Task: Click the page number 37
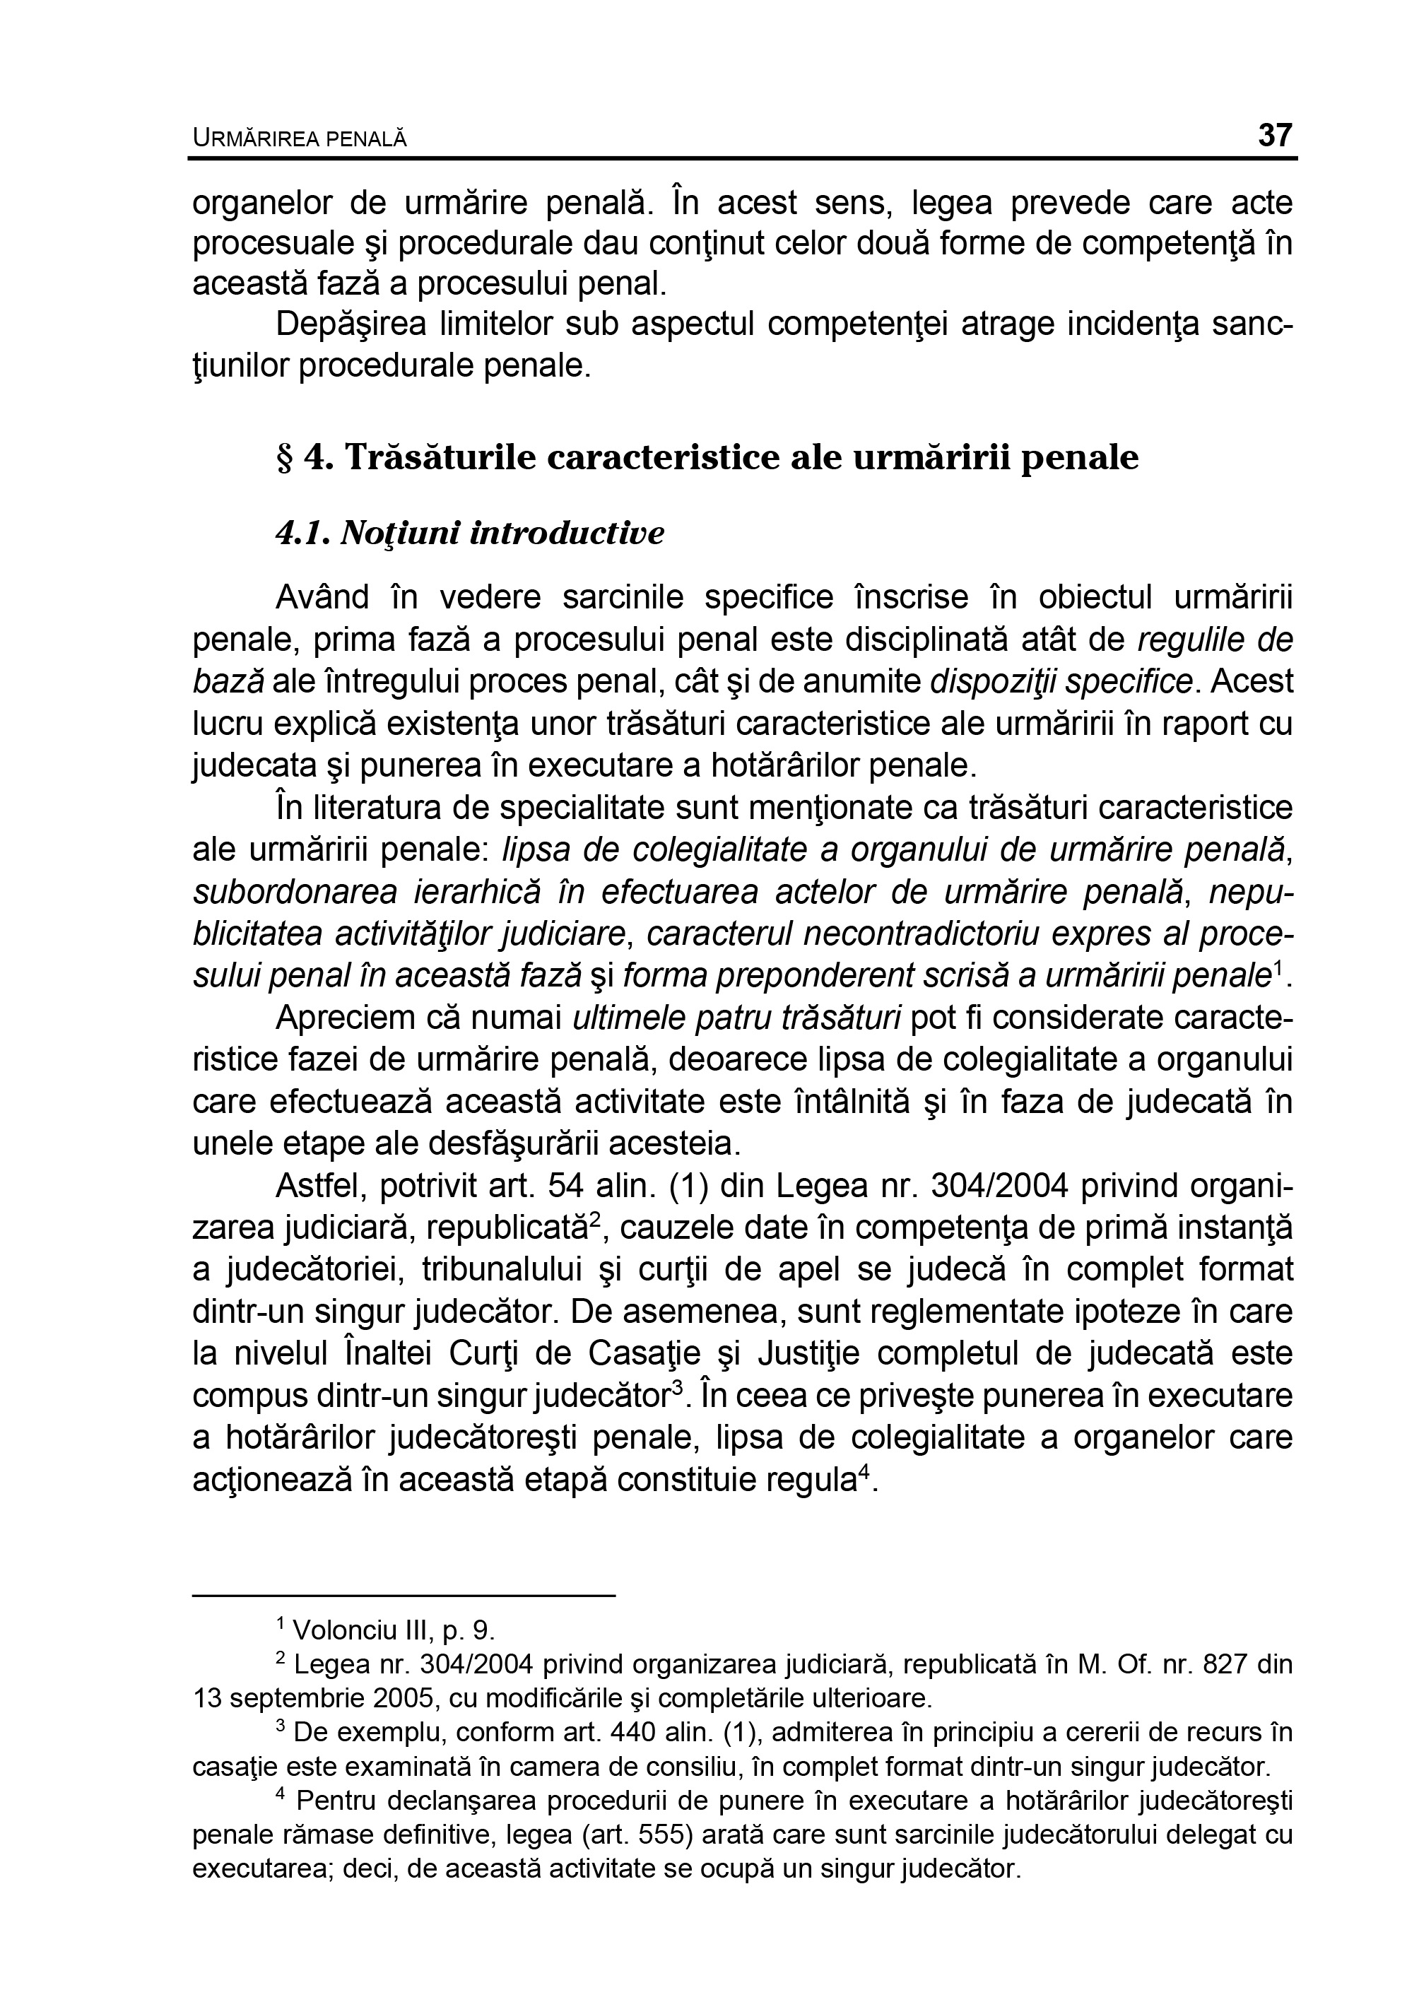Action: [x=1275, y=136]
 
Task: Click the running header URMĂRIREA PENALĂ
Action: [x=300, y=138]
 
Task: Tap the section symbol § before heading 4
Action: [x=284, y=458]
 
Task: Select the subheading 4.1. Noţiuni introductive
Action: [x=470, y=533]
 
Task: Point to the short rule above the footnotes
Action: [x=404, y=1596]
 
